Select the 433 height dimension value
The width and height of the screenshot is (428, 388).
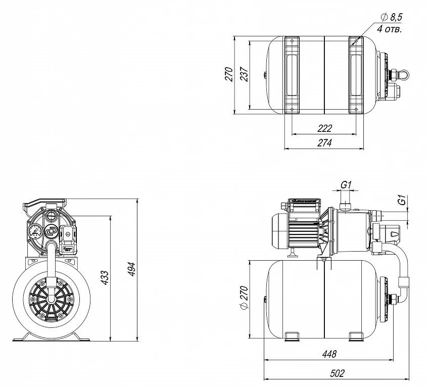105,277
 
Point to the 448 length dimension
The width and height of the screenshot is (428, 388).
328,354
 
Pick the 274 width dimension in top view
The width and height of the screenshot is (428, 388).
324,143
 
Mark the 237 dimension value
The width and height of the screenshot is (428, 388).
245,75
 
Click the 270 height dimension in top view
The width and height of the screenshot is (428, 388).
229,74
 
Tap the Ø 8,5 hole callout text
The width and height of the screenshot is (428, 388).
390,18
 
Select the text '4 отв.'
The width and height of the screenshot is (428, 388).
390,29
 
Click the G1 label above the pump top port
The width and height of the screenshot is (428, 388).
346,185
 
